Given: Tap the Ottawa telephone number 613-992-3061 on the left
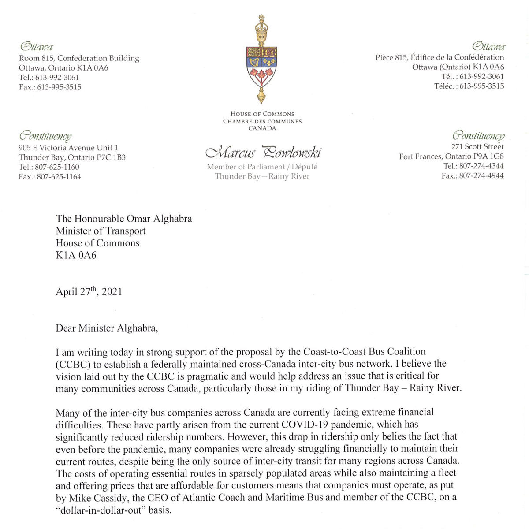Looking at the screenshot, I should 57,78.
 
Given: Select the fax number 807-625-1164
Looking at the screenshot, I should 59,177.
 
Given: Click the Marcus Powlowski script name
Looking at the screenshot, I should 263,153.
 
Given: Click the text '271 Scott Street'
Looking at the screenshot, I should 477,147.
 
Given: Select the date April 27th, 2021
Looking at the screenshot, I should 89,292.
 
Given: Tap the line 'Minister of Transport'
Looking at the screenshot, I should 101,231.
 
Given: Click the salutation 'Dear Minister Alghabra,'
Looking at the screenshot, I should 107,328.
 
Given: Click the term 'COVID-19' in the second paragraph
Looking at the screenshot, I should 305,425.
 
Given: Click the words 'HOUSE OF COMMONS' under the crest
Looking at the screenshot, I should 262,114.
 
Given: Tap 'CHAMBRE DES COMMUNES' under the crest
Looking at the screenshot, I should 262,121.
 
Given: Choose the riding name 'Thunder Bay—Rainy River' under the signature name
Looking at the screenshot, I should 262,176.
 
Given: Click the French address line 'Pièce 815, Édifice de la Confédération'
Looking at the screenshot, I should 440,57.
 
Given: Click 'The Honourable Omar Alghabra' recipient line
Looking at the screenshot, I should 124,219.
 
